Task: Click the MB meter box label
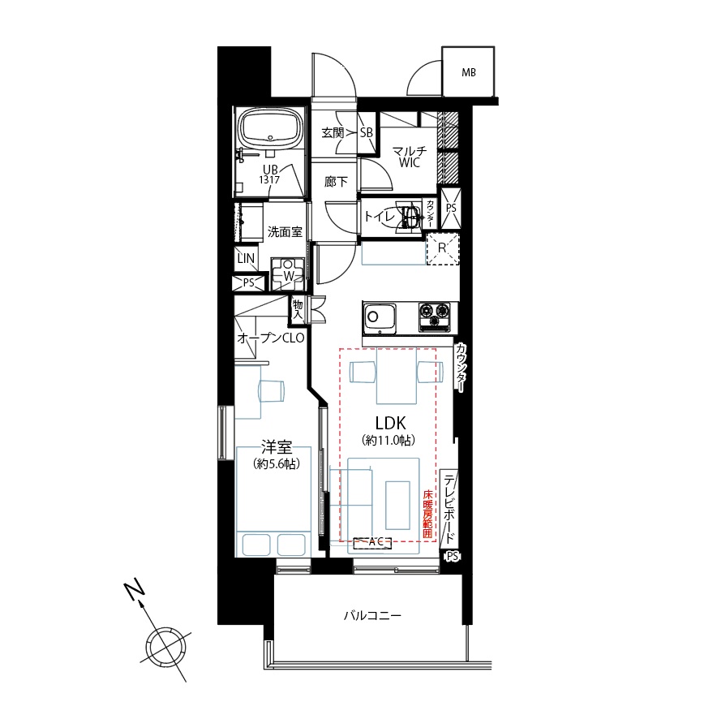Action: click(x=468, y=72)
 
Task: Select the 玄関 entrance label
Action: click(x=333, y=132)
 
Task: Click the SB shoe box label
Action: click(x=367, y=132)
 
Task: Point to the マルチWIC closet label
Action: click(x=410, y=157)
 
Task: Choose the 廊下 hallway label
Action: click(x=336, y=182)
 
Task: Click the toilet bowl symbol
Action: click(x=410, y=217)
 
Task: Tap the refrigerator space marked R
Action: click(x=442, y=248)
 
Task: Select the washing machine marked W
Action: click(x=288, y=274)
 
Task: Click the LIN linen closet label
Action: click(x=246, y=258)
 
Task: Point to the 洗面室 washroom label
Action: click(x=285, y=232)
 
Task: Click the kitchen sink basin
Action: click(x=380, y=318)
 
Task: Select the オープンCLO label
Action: click(x=271, y=338)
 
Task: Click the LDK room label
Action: click(x=390, y=423)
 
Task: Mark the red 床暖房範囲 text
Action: click(x=427, y=513)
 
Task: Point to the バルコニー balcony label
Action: click(x=372, y=615)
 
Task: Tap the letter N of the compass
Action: click(x=134, y=591)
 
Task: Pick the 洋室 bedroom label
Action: click(x=277, y=446)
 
